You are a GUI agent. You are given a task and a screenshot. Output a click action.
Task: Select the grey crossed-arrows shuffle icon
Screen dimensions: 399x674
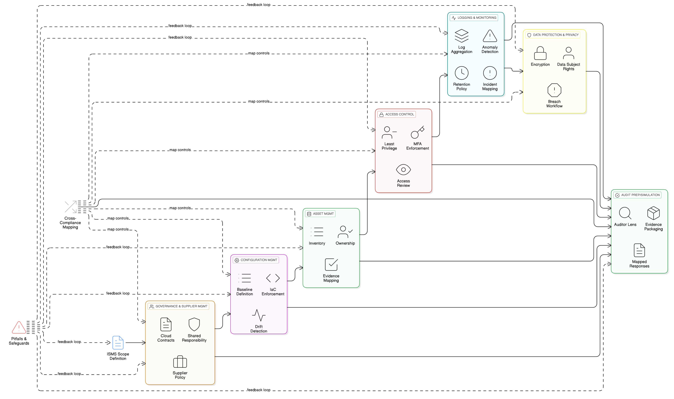tap(71, 207)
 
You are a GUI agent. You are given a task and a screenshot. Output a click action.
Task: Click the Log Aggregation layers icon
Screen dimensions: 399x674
tap(462, 36)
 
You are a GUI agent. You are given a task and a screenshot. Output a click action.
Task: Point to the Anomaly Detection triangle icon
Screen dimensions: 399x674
tap(490, 36)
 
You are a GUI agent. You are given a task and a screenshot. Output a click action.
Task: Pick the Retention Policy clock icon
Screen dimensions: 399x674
tap(462, 73)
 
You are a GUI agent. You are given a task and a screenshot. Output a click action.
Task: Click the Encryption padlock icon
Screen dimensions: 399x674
tap(540, 53)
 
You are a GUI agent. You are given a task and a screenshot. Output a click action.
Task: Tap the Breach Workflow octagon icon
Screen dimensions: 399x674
tap(554, 90)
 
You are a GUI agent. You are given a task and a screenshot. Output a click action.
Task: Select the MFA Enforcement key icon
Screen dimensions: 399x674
tap(418, 132)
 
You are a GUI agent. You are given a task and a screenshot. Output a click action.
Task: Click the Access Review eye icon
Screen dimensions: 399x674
tap(403, 170)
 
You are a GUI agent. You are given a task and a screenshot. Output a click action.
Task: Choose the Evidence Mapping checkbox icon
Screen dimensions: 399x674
tap(331, 265)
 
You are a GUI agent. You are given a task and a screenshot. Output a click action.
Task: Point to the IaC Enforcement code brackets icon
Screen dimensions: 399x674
tap(273, 278)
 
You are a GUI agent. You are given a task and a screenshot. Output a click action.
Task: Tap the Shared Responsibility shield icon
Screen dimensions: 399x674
tap(194, 324)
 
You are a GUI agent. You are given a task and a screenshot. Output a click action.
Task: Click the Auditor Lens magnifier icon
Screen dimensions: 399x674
tap(625, 213)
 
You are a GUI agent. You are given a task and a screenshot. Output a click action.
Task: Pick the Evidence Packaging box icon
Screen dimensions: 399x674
tap(653, 213)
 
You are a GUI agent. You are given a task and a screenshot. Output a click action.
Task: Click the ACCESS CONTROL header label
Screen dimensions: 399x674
tap(400, 114)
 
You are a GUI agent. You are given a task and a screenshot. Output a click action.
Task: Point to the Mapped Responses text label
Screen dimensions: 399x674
tap(639, 264)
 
